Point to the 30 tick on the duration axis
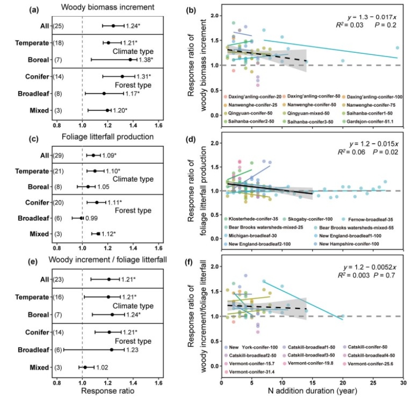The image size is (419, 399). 402,383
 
